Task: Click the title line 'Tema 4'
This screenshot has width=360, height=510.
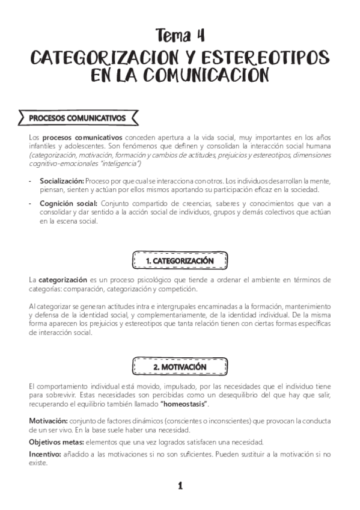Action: tap(180, 34)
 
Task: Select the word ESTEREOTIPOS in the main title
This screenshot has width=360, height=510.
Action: tap(267, 57)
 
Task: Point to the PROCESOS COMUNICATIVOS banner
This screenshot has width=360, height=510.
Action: tap(78, 117)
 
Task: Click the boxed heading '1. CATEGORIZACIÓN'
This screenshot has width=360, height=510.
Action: tap(180, 262)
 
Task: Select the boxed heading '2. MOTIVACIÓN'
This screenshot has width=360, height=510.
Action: tap(180, 366)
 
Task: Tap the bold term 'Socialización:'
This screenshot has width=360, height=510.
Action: tap(62, 180)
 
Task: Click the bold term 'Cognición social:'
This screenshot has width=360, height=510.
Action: tap(67, 203)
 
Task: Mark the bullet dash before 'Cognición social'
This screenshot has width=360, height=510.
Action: tap(31, 203)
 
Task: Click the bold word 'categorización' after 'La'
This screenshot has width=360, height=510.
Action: tap(63, 280)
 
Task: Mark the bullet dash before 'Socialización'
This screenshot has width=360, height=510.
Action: tap(31, 180)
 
